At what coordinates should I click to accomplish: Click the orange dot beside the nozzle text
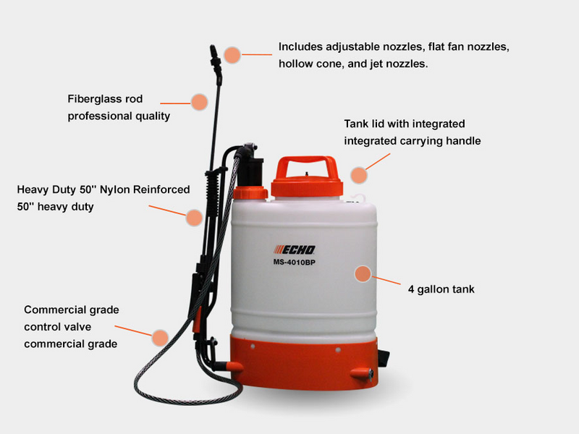pyautogui.click(x=232, y=54)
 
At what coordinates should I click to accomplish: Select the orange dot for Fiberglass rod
pyautogui.click(x=199, y=101)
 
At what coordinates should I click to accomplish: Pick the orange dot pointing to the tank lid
pyautogui.click(x=359, y=174)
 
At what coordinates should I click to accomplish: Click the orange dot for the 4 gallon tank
pyautogui.click(x=363, y=273)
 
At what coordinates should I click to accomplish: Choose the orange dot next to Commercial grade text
pyautogui.click(x=160, y=336)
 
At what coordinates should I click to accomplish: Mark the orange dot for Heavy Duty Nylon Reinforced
pyautogui.click(x=193, y=216)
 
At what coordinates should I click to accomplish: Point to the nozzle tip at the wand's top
pyautogui.click(x=215, y=53)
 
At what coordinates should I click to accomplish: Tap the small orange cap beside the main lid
pyautogui.click(x=250, y=194)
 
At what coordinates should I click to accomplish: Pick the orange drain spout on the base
pyautogui.click(x=360, y=373)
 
